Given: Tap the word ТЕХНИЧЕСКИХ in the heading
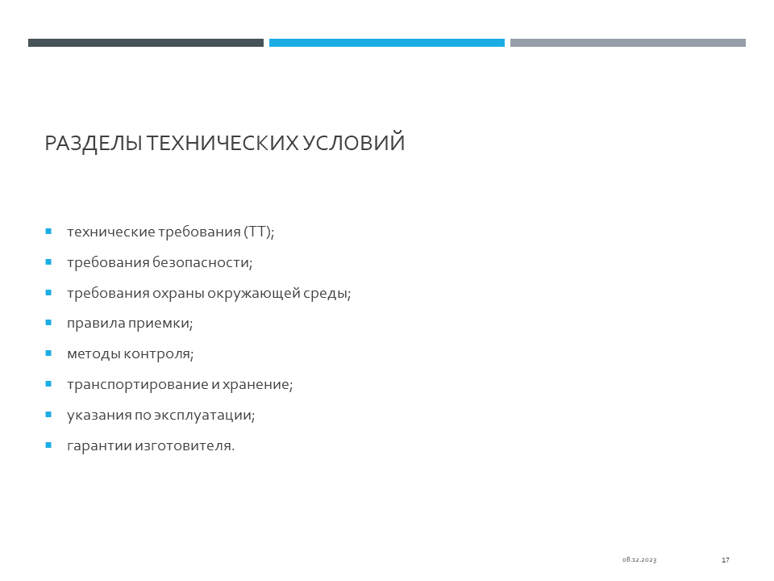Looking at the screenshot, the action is (x=223, y=143).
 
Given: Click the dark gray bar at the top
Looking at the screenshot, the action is (x=146, y=43).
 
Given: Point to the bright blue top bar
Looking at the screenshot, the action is (x=386, y=43).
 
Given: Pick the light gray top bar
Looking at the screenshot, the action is (x=628, y=43).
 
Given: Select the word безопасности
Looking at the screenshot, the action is (x=202, y=262).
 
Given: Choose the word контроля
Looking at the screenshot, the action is (x=159, y=354).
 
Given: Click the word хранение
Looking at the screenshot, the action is (x=257, y=384).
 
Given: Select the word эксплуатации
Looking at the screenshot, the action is (x=204, y=416).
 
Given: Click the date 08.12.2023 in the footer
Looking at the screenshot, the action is (x=639, y=560).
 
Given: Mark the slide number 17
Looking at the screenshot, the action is (x=725, y=560).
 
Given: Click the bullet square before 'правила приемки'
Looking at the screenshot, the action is (x=48, y=323).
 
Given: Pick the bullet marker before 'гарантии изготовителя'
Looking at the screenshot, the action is (x=48, y=445).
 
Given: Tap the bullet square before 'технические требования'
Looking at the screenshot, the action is (x=48, y=231).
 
